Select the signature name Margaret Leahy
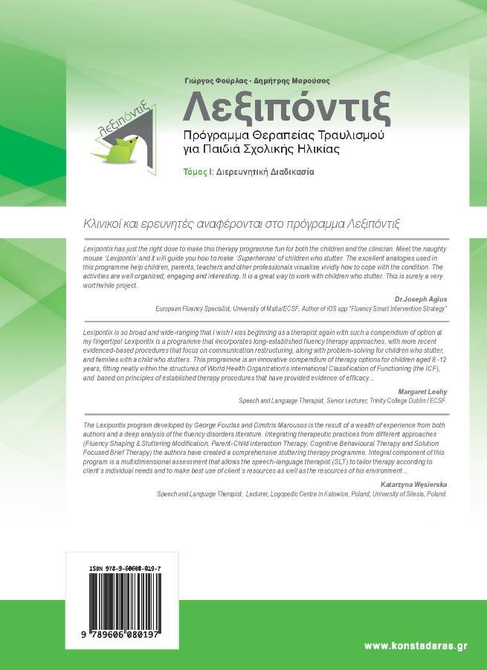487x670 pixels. click(x=422, y=390)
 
